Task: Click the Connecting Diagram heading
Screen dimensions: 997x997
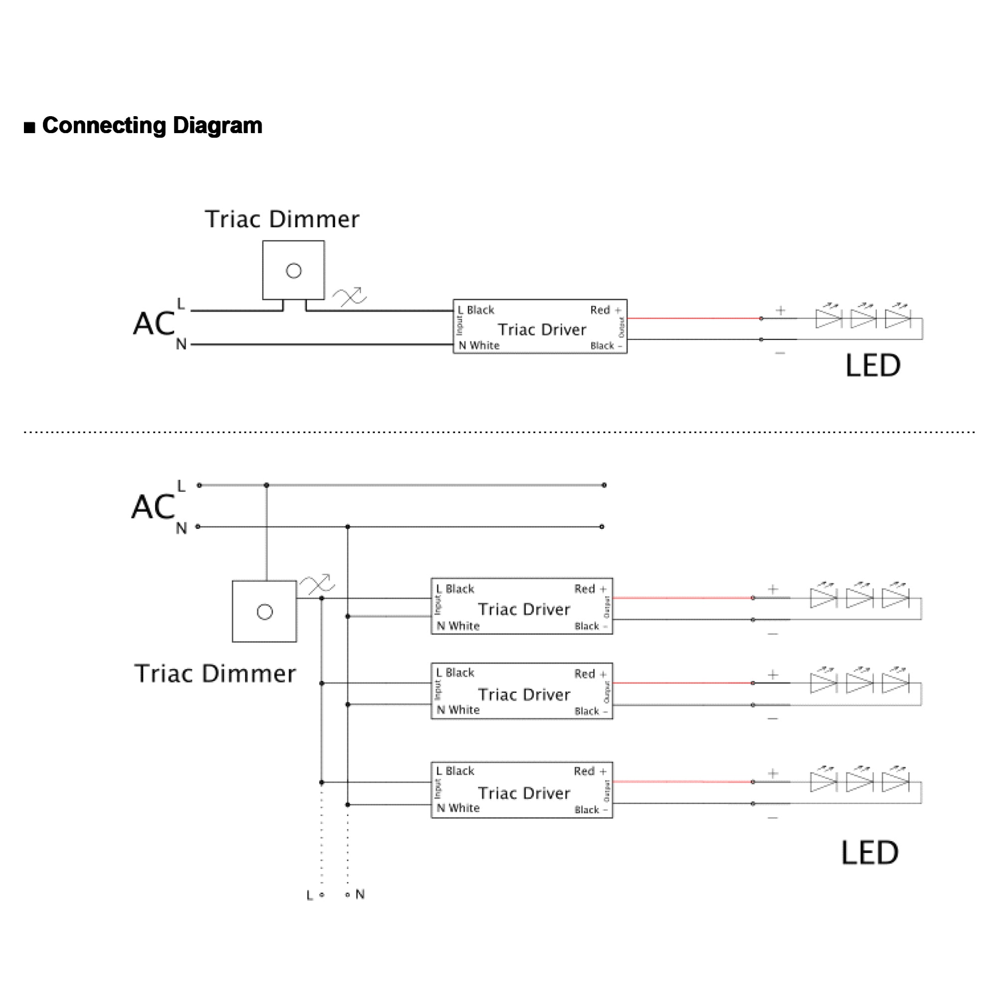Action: coord(152,126)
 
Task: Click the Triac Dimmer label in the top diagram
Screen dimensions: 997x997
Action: coord(282,219)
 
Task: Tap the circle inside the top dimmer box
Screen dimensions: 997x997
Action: coord(294,270)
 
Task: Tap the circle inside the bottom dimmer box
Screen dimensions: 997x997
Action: coord(265,612)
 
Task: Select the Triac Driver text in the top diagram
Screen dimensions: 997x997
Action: coord(542,330)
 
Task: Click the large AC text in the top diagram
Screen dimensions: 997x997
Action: coord(154,324)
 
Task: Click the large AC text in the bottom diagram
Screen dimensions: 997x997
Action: coord(153,507)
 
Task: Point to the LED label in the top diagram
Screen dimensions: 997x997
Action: coord(873,366)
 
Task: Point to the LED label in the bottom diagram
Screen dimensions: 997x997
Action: coord(869,853)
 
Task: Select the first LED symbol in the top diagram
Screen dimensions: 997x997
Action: coord(828,318)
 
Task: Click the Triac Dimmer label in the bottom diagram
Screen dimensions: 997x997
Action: coord(215,674)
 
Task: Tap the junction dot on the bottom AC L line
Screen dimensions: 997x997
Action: coord(266,485)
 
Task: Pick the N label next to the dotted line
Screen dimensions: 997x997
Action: coord(360,894)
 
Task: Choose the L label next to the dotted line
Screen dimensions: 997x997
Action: coord(309,895)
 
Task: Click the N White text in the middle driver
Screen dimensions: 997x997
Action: coord(458,710)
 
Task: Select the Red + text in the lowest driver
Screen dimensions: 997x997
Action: coord(590,772)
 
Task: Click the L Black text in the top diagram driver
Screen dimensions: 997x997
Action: coord(476,310)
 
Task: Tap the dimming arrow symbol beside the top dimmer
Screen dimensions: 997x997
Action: coord(349,297)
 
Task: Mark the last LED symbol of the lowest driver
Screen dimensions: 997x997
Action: coord(895,782)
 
